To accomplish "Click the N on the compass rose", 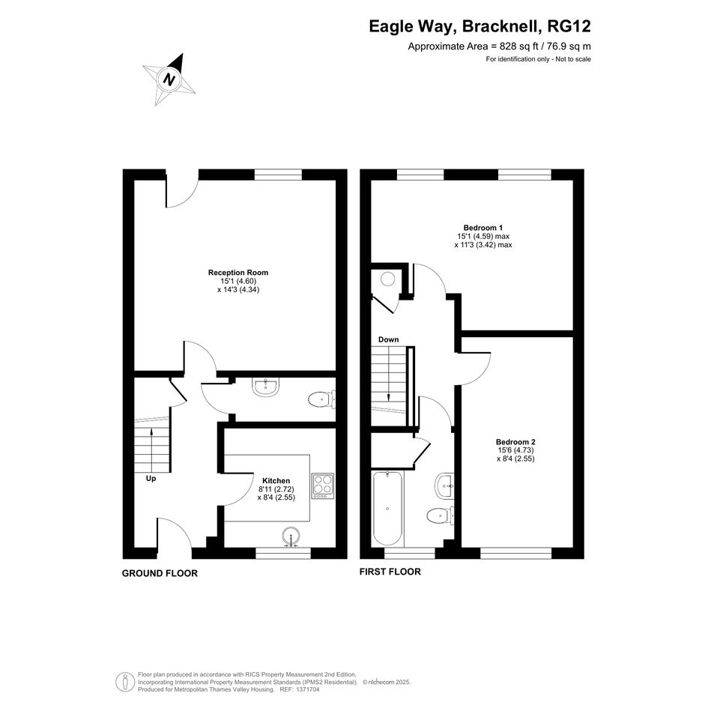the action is point(169,80).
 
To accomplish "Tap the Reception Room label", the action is point(238,273).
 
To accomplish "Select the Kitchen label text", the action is point(276,481).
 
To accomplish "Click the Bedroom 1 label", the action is point(483,228).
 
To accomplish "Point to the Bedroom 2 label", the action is point(515,442).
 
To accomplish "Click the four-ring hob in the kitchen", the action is point(323,485).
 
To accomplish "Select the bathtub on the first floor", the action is point(388,509).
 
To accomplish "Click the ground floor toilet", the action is point(322,399).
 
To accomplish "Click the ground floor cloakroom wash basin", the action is point(266,387).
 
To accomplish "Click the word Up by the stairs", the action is point(151,478).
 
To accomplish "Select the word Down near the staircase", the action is point(388,339).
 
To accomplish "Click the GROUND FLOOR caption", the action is point(160,573).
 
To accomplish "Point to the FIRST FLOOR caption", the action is point(390,572).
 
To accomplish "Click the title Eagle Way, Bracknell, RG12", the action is point(480,26).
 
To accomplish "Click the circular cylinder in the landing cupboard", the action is point(388,279).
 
